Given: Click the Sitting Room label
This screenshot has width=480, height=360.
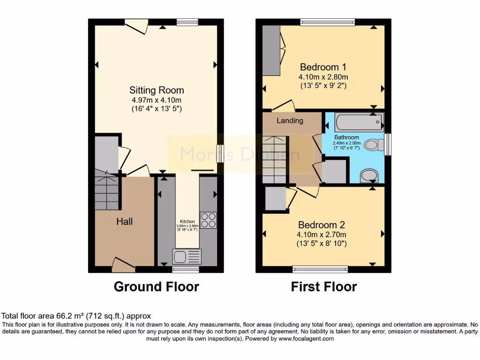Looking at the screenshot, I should pyautogui.click(x=157, y=90).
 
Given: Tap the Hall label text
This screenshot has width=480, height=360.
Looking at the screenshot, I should pyautogui.click(x=124, y=221).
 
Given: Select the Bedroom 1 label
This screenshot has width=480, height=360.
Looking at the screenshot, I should pyautogui.click(x=323, y=67).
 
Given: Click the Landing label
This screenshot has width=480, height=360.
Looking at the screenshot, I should pyautogui.click(x=290, y=120).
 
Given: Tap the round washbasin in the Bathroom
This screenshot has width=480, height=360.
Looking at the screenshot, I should pyautogui.click(x=368, y=176).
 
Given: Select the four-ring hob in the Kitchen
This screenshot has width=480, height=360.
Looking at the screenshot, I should pyautogui.click(x=208, y=220).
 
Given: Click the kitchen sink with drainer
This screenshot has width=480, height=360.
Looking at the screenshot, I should pyautogui.click(x=187, y=256).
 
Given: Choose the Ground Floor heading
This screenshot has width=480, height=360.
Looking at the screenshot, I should pyautogui.click(x=156, y=286).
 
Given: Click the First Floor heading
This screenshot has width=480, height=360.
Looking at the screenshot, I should pyautogui.click(x=324, y=286).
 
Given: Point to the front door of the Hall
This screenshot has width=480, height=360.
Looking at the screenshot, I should pyautogui.click(x=123, y=266).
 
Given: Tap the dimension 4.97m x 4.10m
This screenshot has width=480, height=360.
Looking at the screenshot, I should pyautogui.click(x=157, y=100).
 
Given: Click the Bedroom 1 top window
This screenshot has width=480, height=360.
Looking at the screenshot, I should pyautogui.click(x=327, y=21).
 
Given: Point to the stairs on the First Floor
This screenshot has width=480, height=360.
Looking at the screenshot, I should pyautogui.click(x=274, y=159).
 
